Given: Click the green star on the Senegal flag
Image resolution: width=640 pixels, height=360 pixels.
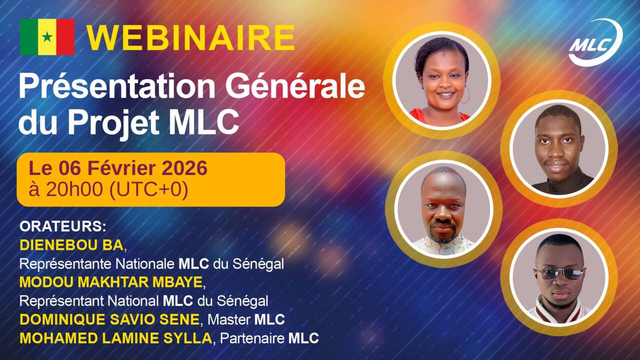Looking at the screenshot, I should pos(47,37).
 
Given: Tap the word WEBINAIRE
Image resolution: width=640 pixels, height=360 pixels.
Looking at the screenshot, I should pos(190,37).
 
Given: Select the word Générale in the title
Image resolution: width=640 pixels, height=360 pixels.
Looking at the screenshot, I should pos(295,87).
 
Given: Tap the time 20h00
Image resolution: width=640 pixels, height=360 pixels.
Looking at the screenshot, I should pos(71,190).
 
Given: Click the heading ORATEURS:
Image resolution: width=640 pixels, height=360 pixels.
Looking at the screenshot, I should pos(63,226).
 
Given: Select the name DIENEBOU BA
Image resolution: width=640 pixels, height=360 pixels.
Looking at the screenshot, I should pos(71,245).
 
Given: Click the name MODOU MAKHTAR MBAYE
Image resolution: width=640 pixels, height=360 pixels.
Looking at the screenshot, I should pos(111,282).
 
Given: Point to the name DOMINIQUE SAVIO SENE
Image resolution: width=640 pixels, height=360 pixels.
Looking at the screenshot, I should pos(109,319).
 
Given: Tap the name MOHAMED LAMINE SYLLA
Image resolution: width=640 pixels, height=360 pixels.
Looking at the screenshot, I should pos(115,338).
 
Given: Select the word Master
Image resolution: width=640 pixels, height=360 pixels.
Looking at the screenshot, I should pos(229,319).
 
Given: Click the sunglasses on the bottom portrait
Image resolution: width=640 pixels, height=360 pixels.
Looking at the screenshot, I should pos(559,273).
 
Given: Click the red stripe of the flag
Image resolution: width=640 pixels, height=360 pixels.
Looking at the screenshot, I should pos(65,37).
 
